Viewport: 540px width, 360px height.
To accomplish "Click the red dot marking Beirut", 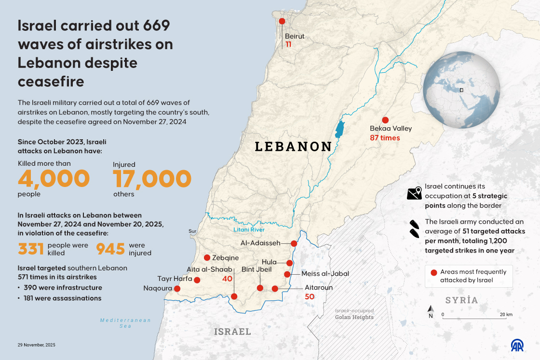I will (x=282, y=21).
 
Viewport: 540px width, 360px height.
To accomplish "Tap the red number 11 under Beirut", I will (x=288, y=44).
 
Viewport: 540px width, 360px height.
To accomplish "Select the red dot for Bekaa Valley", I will (x=385, y=120).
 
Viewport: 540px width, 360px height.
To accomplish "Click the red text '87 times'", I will (x=385, y=138).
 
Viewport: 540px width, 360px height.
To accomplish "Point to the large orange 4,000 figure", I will (x=54, y=179).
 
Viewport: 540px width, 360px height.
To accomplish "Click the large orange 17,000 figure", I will (x=152, y=179).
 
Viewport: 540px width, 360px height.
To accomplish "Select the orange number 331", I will (x=31, y=249).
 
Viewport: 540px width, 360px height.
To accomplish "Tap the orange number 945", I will (x=111, y=249).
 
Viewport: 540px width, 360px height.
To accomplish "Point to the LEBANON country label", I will (x=293, y=147).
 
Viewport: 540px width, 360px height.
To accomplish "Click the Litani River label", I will (x=249, y=230).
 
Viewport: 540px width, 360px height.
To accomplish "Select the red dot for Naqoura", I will (x=177, y=289).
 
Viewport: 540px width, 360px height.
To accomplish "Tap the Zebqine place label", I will (x=226, y=258).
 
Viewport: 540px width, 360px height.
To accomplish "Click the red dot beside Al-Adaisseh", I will (x=294, y=243).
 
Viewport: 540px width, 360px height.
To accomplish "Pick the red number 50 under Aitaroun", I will (x=310, y=296).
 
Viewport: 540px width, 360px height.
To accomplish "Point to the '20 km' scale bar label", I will (x=505, y=315).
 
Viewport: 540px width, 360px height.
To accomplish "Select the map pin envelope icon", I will (x=414, y=193).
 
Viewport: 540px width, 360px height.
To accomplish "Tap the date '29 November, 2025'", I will (x=37, y=345).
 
